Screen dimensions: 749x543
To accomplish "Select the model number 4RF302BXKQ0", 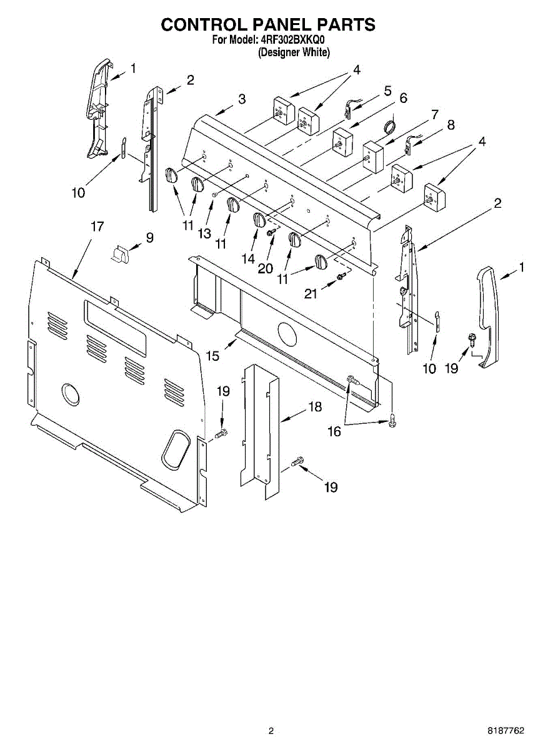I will (293, 41).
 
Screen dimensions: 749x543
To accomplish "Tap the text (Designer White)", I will (294, 52).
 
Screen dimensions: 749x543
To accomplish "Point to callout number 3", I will (241, 99).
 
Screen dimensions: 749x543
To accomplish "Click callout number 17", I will (97, 227).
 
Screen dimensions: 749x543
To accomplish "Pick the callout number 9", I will (149, 237).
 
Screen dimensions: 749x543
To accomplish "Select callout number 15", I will (212, 355).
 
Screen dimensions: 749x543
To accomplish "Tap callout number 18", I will (315, 407).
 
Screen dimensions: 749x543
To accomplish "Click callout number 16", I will (334, 431).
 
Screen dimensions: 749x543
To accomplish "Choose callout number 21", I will (311, 292).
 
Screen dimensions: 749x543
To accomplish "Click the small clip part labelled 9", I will (121, 253).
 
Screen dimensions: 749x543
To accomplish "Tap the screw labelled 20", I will (271, 232).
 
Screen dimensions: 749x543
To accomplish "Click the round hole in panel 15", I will (287, 335).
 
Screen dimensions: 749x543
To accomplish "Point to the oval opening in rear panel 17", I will (175, 448).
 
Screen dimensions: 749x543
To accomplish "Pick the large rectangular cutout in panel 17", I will (116, 328).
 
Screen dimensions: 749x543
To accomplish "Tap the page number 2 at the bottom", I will (271, 730).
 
